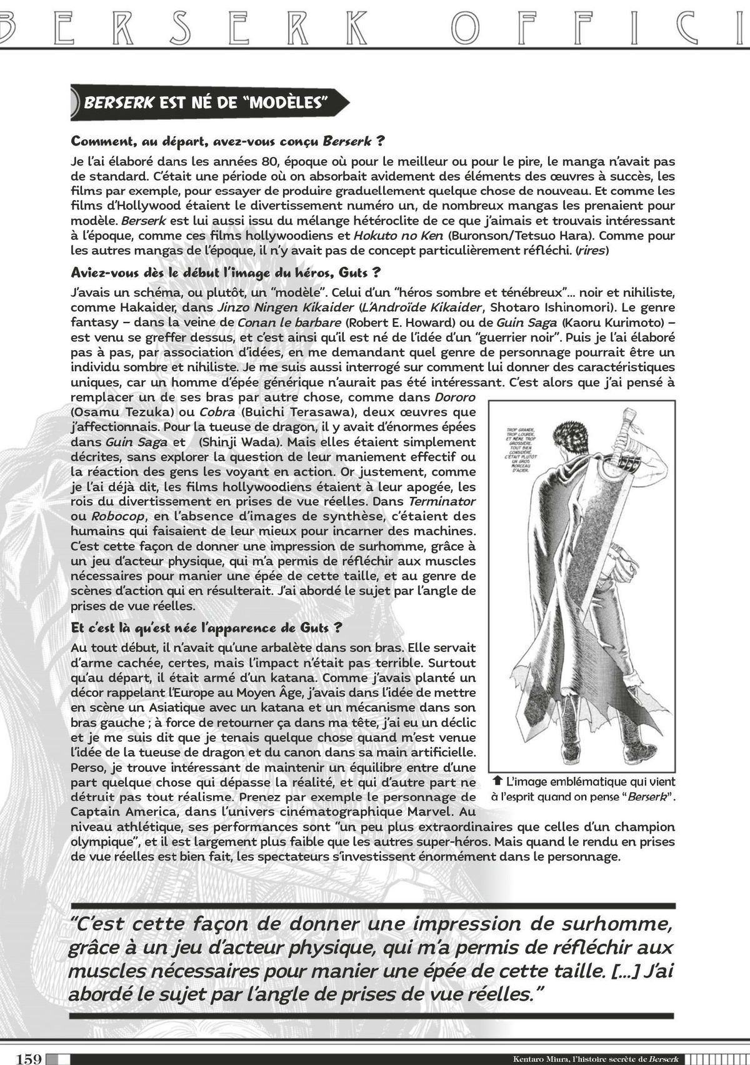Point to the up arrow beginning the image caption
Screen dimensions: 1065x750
[x=498, y=781]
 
